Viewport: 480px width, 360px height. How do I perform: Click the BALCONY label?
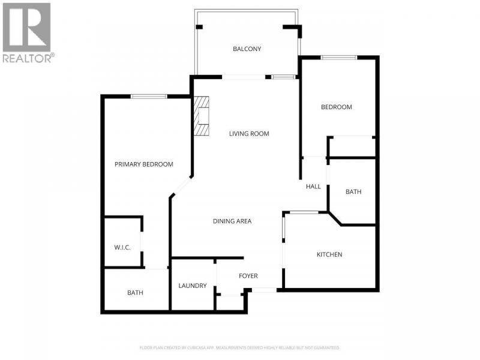pyautogui.click(x=247, y=49)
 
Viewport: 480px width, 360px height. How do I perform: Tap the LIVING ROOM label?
pyautogui.click(x=249, y=134)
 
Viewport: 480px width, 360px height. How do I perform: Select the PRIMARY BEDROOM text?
pyautogui.click(x=143, y=164)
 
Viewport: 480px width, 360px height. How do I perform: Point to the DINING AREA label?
pyautogui.click(x=232, y=221)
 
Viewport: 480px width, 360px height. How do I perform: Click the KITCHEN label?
pyautogui.click(x=329, y=254)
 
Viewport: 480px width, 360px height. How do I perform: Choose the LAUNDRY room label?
pyautogui.click(x=193, y=286)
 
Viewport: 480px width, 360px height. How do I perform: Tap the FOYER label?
pyautogui.click(x=248, y=276)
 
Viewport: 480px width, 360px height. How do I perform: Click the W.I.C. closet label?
pyautogui.click(x=122, y=247)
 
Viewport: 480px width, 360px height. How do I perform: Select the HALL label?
pyautogui.click(x=313, y=187)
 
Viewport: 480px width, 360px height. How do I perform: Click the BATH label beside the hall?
pyautogui.click(x=353, y=191)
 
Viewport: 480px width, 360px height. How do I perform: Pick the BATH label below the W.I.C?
pyautogui.click(x=135, y=293)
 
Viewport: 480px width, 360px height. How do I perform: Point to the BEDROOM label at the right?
pyautogui.click(x=336, y=107)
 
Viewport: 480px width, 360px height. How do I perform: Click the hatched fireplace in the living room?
pyautogui.click(x=202, y=116)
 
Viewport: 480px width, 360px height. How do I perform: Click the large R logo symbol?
pyautogui.click(x=26, y=27)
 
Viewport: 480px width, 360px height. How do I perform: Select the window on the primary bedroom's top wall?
pyautogui.click(x=149, y=97)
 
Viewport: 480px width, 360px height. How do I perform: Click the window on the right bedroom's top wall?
pyautogui.click(x=339, y=57)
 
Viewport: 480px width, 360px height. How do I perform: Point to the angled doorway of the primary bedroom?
pyautogui.click(x=181, y=186)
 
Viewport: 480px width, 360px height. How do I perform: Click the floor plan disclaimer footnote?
pyautogui.click(x=239, y=348)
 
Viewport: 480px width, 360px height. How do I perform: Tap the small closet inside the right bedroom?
pyautogui.click(x=352, y=147)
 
